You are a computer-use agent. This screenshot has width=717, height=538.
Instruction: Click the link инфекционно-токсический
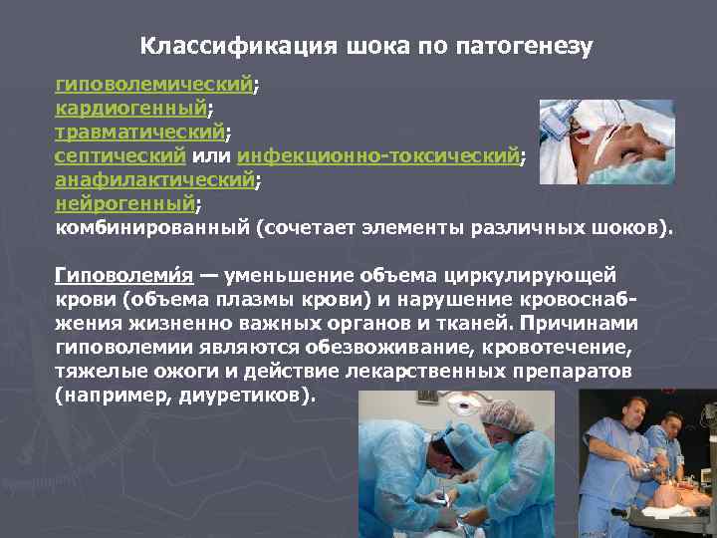[x=378, y=155]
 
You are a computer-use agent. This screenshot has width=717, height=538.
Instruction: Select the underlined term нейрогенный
[x=124, y=204]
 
